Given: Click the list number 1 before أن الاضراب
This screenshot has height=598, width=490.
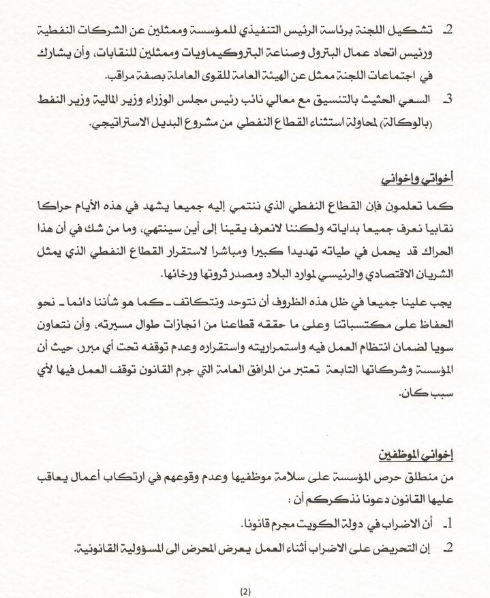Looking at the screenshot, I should [x=447, y=524].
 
